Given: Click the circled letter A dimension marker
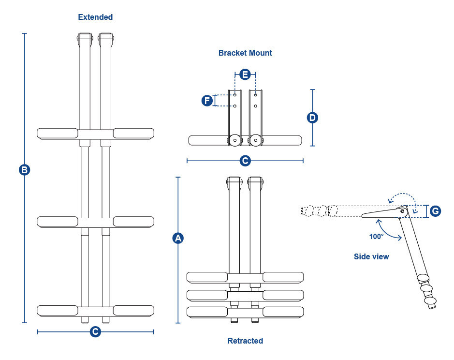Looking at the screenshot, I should click(178, 238).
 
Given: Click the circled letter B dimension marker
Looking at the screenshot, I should click(24, 170).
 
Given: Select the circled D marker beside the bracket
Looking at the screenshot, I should click(313, 118).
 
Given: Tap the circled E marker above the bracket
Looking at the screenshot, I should click(245, 75).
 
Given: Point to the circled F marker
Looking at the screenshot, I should click(207, 101).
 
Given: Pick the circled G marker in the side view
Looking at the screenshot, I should click(435, 211).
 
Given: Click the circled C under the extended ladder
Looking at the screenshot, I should click(96, 331).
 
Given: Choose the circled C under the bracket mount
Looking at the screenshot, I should click(245, 160).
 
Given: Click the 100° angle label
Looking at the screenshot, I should click(376, 237).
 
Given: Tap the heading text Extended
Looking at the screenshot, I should click(95, 17).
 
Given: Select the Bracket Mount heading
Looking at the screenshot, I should click(245, 53).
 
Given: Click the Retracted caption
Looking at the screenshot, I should click(245, 341).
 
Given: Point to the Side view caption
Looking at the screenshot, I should click(371, 256).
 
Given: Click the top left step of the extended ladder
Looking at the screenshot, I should click(58, 133).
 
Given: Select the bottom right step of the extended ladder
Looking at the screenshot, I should click(133, 310).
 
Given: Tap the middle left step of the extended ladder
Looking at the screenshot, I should click(58, 222).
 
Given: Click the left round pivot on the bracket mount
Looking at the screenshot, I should click(234, 140).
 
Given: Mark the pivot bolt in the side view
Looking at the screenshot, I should click(403, 210).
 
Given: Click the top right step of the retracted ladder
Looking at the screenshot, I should click(283, 277).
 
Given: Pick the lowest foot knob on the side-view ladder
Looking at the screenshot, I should click(430, 303).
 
